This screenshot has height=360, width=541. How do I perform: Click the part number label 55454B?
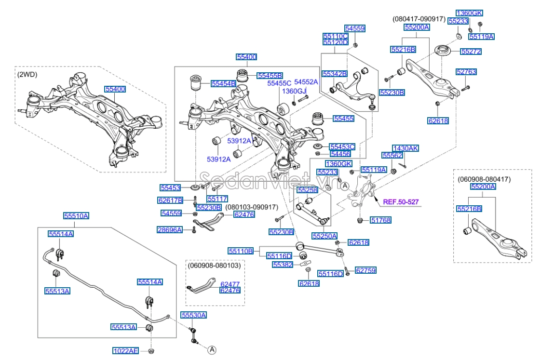click(x=223, y=83)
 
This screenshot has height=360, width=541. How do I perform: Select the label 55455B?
click(x=270, y=75)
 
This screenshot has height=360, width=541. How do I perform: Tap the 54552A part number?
click(x=306, y=82)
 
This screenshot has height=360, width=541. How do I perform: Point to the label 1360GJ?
click(x=294, y=91)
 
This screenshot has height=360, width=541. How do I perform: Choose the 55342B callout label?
click(x=335, y=74)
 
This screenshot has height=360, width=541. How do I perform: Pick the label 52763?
click(x=466, y=72)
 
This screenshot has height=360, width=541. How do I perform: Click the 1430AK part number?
click(x=406, y=148)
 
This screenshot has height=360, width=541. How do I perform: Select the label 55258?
click(x=307, y=190)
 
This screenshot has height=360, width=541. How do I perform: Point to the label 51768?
click(x=380, y=220)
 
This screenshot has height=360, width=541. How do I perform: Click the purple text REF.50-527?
click(x=401, y=202)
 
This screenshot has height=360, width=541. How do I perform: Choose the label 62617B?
click(x=170, y=200)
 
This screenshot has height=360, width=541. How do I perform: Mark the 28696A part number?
click(x=170, y=230)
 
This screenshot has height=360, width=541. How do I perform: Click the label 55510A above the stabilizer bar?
click(x=76, y=216)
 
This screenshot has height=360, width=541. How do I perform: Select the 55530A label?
click(x=193, y=315)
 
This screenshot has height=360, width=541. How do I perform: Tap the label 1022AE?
click(x=126, y=350)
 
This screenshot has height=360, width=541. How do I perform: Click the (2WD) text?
click(x=27, y=74)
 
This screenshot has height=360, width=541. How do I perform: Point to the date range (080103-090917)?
click(x=252, y=207)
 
